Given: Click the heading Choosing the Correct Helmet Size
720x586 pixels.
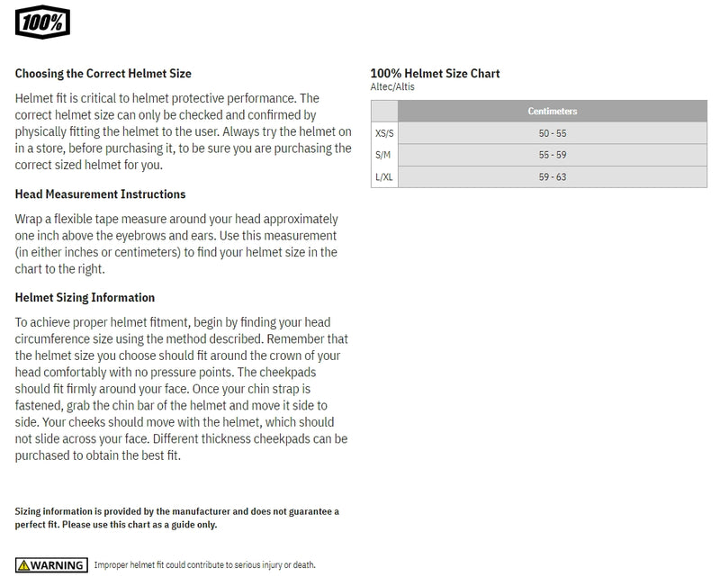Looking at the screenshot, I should point(103,74).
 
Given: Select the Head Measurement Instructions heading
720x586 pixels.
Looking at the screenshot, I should point(101,194).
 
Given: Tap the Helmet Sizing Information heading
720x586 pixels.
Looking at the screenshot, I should point(85,298).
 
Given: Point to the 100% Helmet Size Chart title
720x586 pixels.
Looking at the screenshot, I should point(435,74).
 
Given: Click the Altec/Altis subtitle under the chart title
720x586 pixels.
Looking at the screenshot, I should point(392,87).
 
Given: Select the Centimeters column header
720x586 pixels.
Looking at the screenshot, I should point(552,112).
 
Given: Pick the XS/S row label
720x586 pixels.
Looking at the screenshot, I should point(384,133).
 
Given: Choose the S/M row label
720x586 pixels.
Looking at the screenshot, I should point(383,155).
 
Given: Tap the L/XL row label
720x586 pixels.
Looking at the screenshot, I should point(384,177).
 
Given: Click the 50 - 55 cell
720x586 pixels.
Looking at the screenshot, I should point(552,133).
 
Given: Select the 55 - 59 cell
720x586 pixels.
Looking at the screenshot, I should point(552,155).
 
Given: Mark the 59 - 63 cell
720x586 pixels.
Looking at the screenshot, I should point(552,177).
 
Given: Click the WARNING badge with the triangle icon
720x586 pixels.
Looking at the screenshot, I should point(51,565).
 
